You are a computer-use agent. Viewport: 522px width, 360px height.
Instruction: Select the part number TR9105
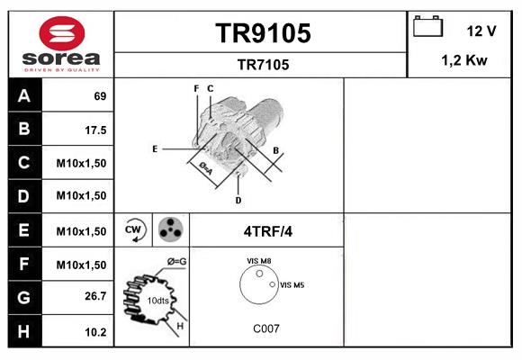point(262,33)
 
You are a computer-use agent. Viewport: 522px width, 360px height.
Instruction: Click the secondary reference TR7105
point(262,64)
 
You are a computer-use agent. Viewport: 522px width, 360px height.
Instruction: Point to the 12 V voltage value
point(481,31)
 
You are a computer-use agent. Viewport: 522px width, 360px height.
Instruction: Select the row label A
point(24,95)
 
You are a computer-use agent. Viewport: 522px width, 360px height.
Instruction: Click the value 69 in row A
point(100,95)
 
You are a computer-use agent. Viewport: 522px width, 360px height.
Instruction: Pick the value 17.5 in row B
point(95,130)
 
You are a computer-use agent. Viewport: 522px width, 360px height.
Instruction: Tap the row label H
point(24,331)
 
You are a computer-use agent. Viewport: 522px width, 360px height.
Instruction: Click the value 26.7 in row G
point(95,296)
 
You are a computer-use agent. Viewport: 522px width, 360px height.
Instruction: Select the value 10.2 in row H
point(95,332)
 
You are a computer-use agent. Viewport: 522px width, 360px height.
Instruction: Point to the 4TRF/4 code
point(267,231)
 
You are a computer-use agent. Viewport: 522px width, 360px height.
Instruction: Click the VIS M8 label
point(259,261)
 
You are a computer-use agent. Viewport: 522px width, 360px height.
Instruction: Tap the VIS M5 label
point(292,285)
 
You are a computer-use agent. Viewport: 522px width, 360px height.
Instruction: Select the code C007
point(265,328)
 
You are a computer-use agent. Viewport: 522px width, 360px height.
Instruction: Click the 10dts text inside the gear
point(157,300)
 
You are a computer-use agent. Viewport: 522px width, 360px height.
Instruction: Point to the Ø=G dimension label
point(176,261)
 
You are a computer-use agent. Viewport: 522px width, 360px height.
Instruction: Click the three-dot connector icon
point(171,230)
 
